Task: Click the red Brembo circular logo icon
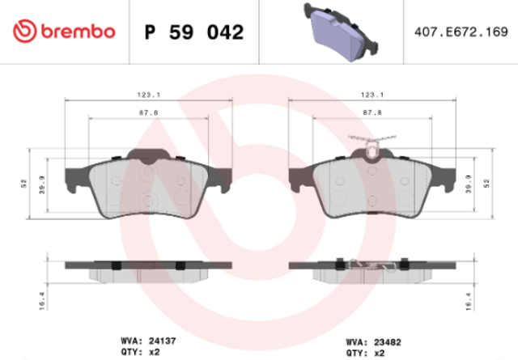click(24, 31)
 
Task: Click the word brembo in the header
click(78, 32)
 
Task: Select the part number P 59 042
click(194, 32)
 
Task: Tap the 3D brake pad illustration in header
click(341, 32)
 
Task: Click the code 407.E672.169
click(461, 32)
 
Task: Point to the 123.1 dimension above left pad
click(149, 95)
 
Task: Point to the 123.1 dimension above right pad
click(372, 95)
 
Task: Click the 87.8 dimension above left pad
click(149, 112)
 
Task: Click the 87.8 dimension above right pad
click(372, 112)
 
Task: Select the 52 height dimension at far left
click(23, 184)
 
